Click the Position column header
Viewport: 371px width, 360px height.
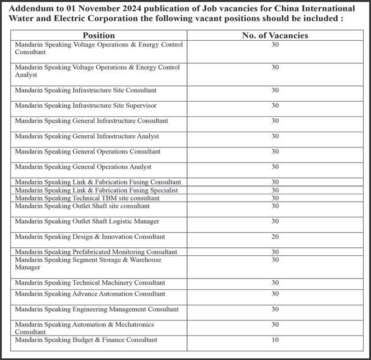[98, 35]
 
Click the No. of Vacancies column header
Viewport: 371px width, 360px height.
[275, 35]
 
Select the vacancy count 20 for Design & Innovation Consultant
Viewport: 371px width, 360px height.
[275, 236]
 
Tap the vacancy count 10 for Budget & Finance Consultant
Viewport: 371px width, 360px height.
[275, 339]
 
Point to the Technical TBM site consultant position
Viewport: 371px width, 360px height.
[87, 198]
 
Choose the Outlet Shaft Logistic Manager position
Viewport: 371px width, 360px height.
[87, 221]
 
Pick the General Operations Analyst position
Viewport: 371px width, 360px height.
[83, 166]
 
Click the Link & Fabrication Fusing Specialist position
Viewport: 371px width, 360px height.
[96, 190]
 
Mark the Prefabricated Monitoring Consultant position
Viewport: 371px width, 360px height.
[96, 252]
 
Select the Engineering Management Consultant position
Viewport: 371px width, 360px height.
[96, 309]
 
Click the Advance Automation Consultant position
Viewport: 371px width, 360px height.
[90, 294]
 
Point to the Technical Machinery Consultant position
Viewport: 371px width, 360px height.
[90, 283]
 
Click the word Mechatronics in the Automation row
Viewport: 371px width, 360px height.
[131, 324]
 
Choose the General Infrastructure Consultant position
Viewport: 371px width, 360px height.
[91, 121]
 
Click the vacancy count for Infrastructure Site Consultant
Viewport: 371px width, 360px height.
[275, 90]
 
